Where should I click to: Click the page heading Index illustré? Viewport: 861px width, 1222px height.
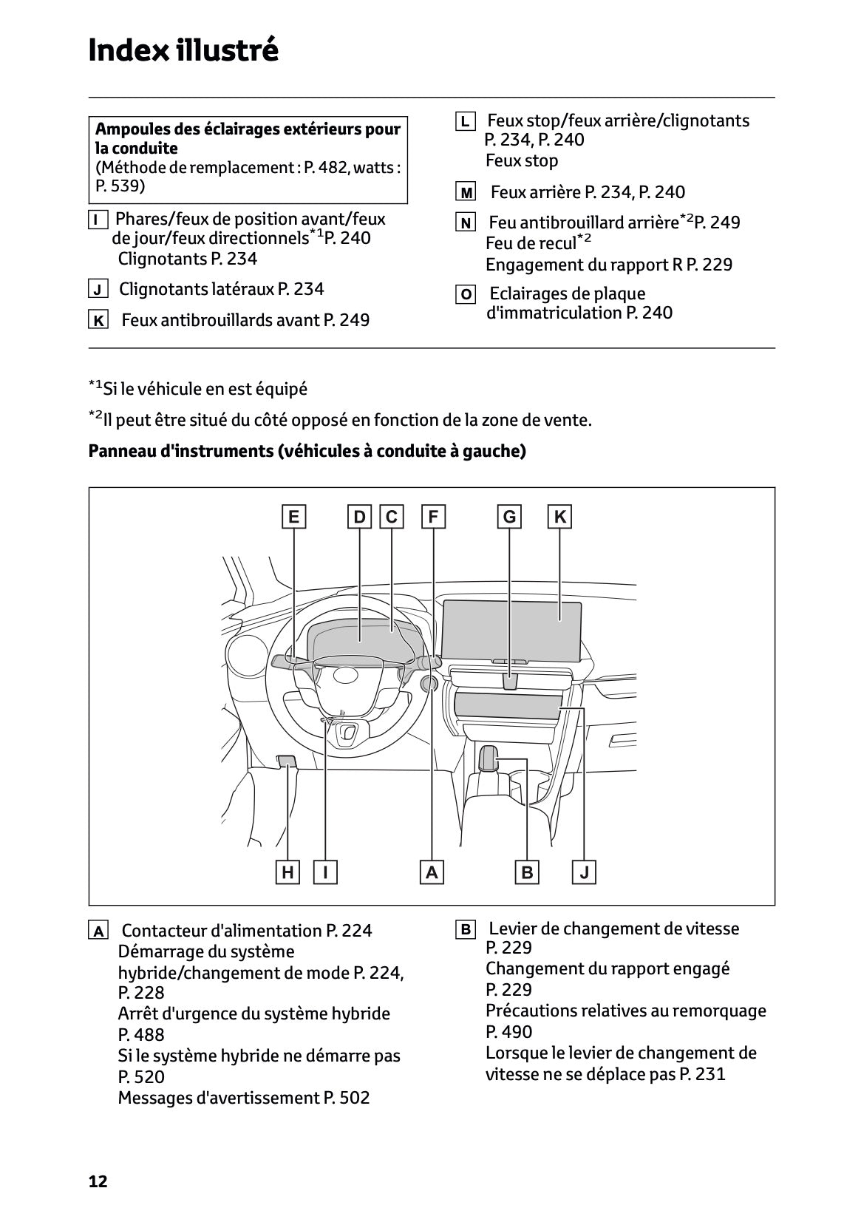[183, 51]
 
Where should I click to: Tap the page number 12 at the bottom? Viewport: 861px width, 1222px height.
[98, 1181]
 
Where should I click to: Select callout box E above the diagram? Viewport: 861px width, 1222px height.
[293, 517]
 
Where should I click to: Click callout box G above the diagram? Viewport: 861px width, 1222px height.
[509, 517]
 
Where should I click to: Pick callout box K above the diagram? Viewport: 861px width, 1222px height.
[559, 517]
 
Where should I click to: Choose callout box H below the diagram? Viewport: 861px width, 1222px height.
[287, 872]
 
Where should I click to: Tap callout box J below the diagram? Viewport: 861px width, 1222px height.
[585, 872]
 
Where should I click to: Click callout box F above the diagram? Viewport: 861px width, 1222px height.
[433, 517]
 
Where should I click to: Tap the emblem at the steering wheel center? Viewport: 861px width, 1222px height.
[345, 675]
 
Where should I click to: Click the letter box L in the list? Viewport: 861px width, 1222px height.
[465, 121]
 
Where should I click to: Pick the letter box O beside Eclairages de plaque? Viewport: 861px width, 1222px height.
[466, 295]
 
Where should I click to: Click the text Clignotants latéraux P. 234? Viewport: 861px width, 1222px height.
[221, 289]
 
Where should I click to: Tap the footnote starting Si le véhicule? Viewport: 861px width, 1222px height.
[198, 389]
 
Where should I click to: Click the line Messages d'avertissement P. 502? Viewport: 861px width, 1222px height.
[244, 1098]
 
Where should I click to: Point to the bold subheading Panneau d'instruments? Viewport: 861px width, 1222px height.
[307, 451]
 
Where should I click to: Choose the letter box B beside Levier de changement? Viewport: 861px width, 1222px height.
[466, 929]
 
